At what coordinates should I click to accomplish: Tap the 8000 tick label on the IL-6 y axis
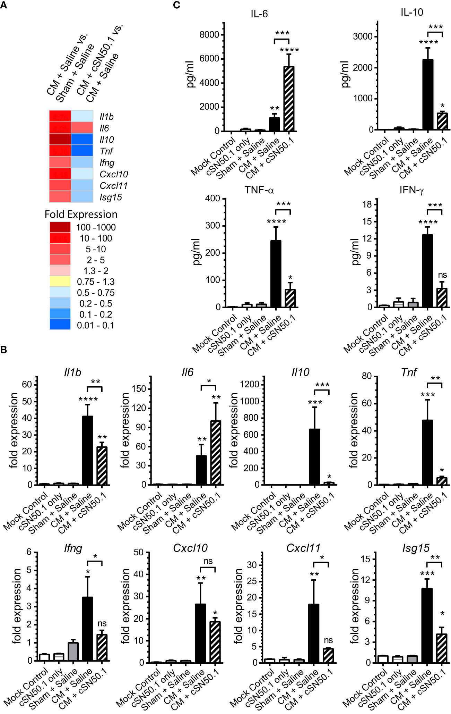point(209,35)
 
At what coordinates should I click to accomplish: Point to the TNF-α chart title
point(259,190)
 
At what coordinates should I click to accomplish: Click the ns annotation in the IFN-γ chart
point(442,275)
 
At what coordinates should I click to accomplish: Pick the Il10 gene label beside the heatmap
point(107,140)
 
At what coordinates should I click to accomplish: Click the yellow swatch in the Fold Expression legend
point(60,282)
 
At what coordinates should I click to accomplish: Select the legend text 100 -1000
point(96,227)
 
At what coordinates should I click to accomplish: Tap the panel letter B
point(4,350)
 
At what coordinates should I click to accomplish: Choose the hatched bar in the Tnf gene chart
point(442,481)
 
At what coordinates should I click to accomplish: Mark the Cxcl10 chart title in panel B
point(190,548)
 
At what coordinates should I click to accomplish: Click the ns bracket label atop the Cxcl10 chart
point(208,561)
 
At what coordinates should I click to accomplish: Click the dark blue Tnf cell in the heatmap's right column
point(82,151)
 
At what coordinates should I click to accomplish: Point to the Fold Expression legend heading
point(81,215)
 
